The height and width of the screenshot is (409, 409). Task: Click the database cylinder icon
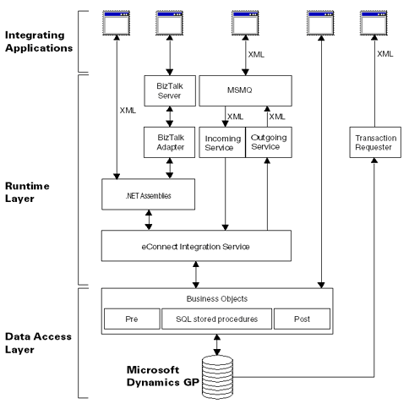217,373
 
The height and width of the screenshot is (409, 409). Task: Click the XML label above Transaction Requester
384,53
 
